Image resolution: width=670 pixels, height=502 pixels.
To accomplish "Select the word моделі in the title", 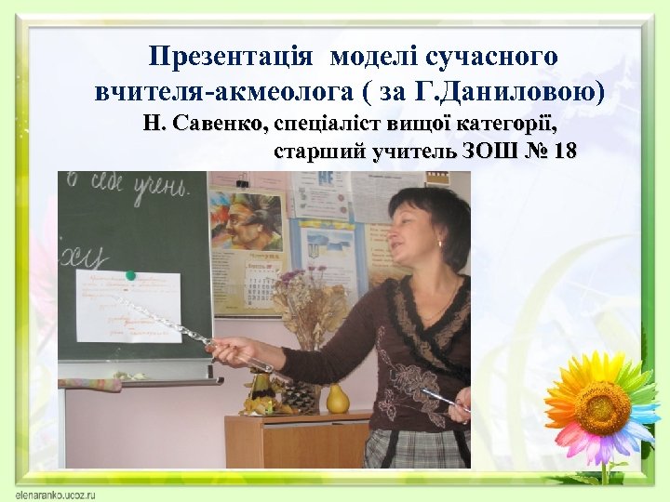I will coord(370,57).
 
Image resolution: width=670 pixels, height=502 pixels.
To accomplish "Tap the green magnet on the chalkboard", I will coord(131,275).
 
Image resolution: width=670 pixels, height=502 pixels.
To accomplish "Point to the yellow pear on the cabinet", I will coord(337,398).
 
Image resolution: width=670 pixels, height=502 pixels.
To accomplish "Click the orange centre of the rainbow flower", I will coord(602,408).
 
